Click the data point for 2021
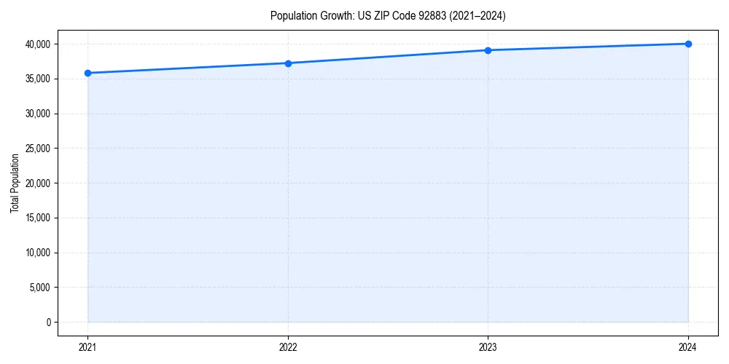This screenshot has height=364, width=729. click(x=87, y=73)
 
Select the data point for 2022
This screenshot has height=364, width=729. click(x=288, y=63)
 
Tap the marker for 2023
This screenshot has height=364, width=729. click(x=488, y=50)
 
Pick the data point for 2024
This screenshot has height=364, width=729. click(x=688, y=44)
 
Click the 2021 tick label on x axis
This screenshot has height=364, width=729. click(x=87, y=347)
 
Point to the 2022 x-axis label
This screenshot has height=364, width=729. click(x=288, y=347)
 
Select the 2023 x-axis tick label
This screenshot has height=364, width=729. click(x=488, y=347)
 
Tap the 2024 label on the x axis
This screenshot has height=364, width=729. click(x=688, y=347)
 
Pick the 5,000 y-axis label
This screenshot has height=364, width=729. click(x=39, y=288)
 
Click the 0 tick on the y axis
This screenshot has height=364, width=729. click(x=49, y=323)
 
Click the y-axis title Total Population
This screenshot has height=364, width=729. click(x=15, y=183)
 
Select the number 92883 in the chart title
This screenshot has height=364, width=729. click(x=422, y=15)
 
